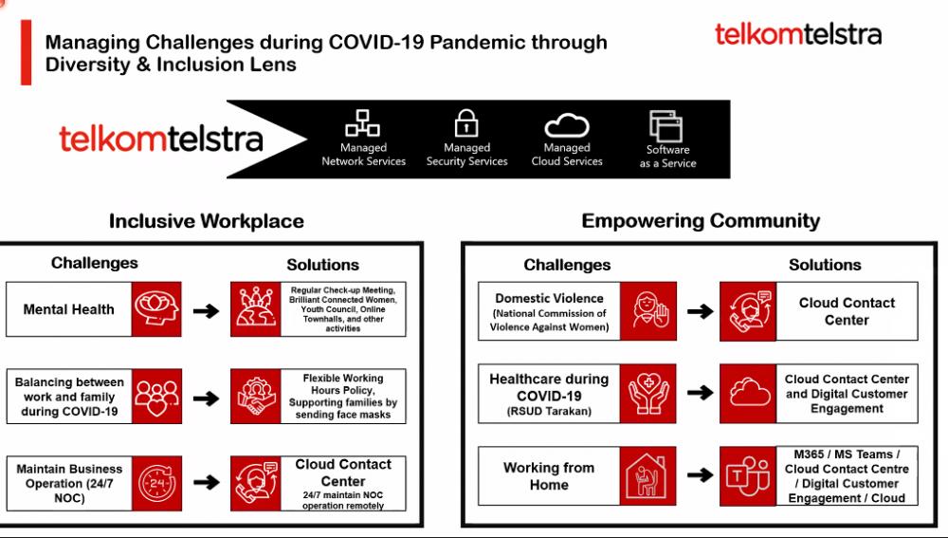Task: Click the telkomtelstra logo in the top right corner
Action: [798, 34]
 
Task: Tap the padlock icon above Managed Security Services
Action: [466, 122]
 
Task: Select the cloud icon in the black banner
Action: [567, 125]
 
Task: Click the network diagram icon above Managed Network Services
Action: [363, 122]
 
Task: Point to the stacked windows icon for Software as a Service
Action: [665, 126]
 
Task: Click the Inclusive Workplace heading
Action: [206, 221]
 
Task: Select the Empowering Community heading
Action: [701, 221]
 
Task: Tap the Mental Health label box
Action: [69, 309]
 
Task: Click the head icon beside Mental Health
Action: [156, 308]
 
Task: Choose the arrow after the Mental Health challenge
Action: [206, 311]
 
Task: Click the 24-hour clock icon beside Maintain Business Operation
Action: [156, 484]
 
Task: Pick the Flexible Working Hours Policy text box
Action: [343, 397]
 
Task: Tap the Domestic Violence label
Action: [549, 311]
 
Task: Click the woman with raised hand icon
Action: [648, 311]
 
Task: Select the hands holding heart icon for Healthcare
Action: [648, 394]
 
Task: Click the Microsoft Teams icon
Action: [748, 476]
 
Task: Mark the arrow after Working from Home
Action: [701, 475]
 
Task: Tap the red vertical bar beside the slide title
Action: [26, 52]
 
